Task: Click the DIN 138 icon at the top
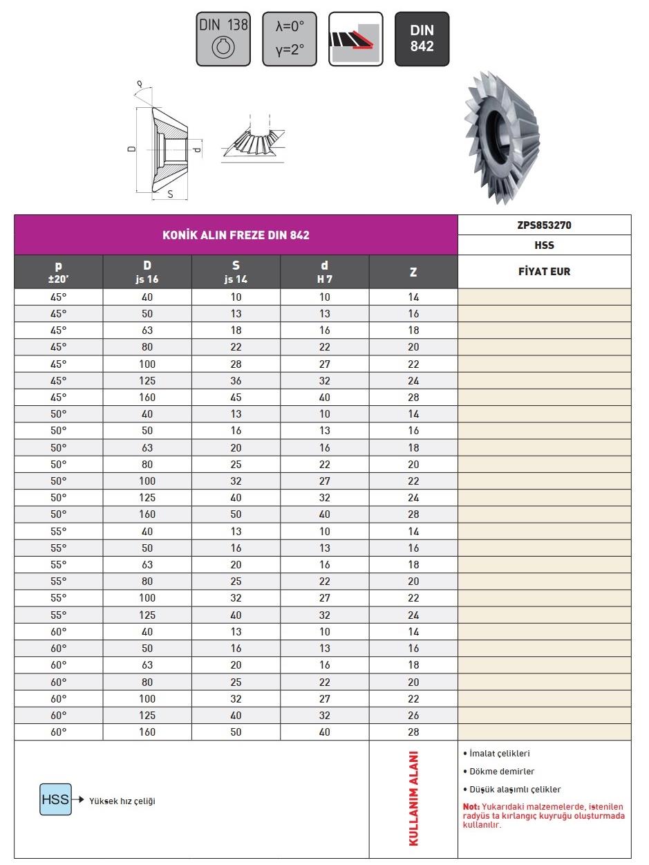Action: pos(223,39)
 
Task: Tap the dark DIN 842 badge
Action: pos(422,39)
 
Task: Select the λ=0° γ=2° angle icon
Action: pos(290,39)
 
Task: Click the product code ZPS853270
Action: pos(545,225)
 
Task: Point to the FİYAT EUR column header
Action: pos(545,272)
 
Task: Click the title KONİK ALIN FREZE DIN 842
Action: pos(236,235)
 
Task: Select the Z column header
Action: pos(413,272)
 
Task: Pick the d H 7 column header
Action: pos(325,272)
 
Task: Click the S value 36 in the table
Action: pos(236,381)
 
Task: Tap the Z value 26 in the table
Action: pos(413,716)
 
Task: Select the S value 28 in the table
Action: pos(236,364)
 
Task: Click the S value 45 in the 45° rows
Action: pos(236,398)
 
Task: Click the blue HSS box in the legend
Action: pos(55,800)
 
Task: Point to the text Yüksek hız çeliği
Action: pos(122,801)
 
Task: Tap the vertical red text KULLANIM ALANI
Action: pos(414,798)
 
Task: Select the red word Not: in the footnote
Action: pos(471,807)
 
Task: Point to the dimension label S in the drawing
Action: pos(170,194)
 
